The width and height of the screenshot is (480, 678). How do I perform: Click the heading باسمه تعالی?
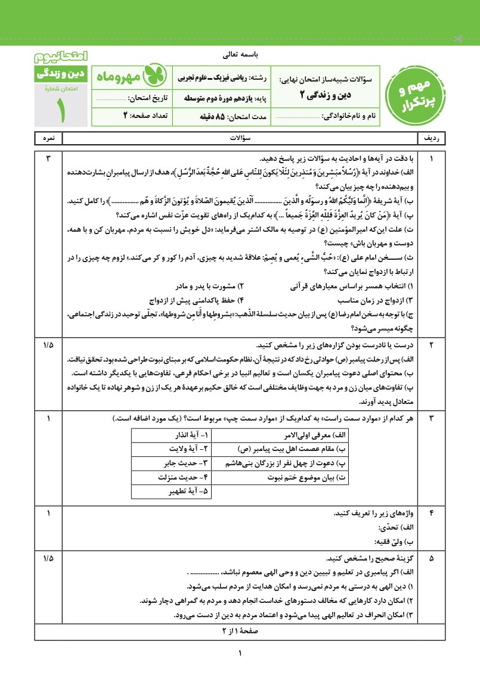tap(240, 55)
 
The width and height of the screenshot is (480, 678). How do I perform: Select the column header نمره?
tap(48, 138)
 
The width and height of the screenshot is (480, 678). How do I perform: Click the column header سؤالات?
tap(240, 138)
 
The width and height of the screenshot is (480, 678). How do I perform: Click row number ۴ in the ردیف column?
tap(432, 513)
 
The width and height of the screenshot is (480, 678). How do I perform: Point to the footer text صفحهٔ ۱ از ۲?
tap(240, 629)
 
